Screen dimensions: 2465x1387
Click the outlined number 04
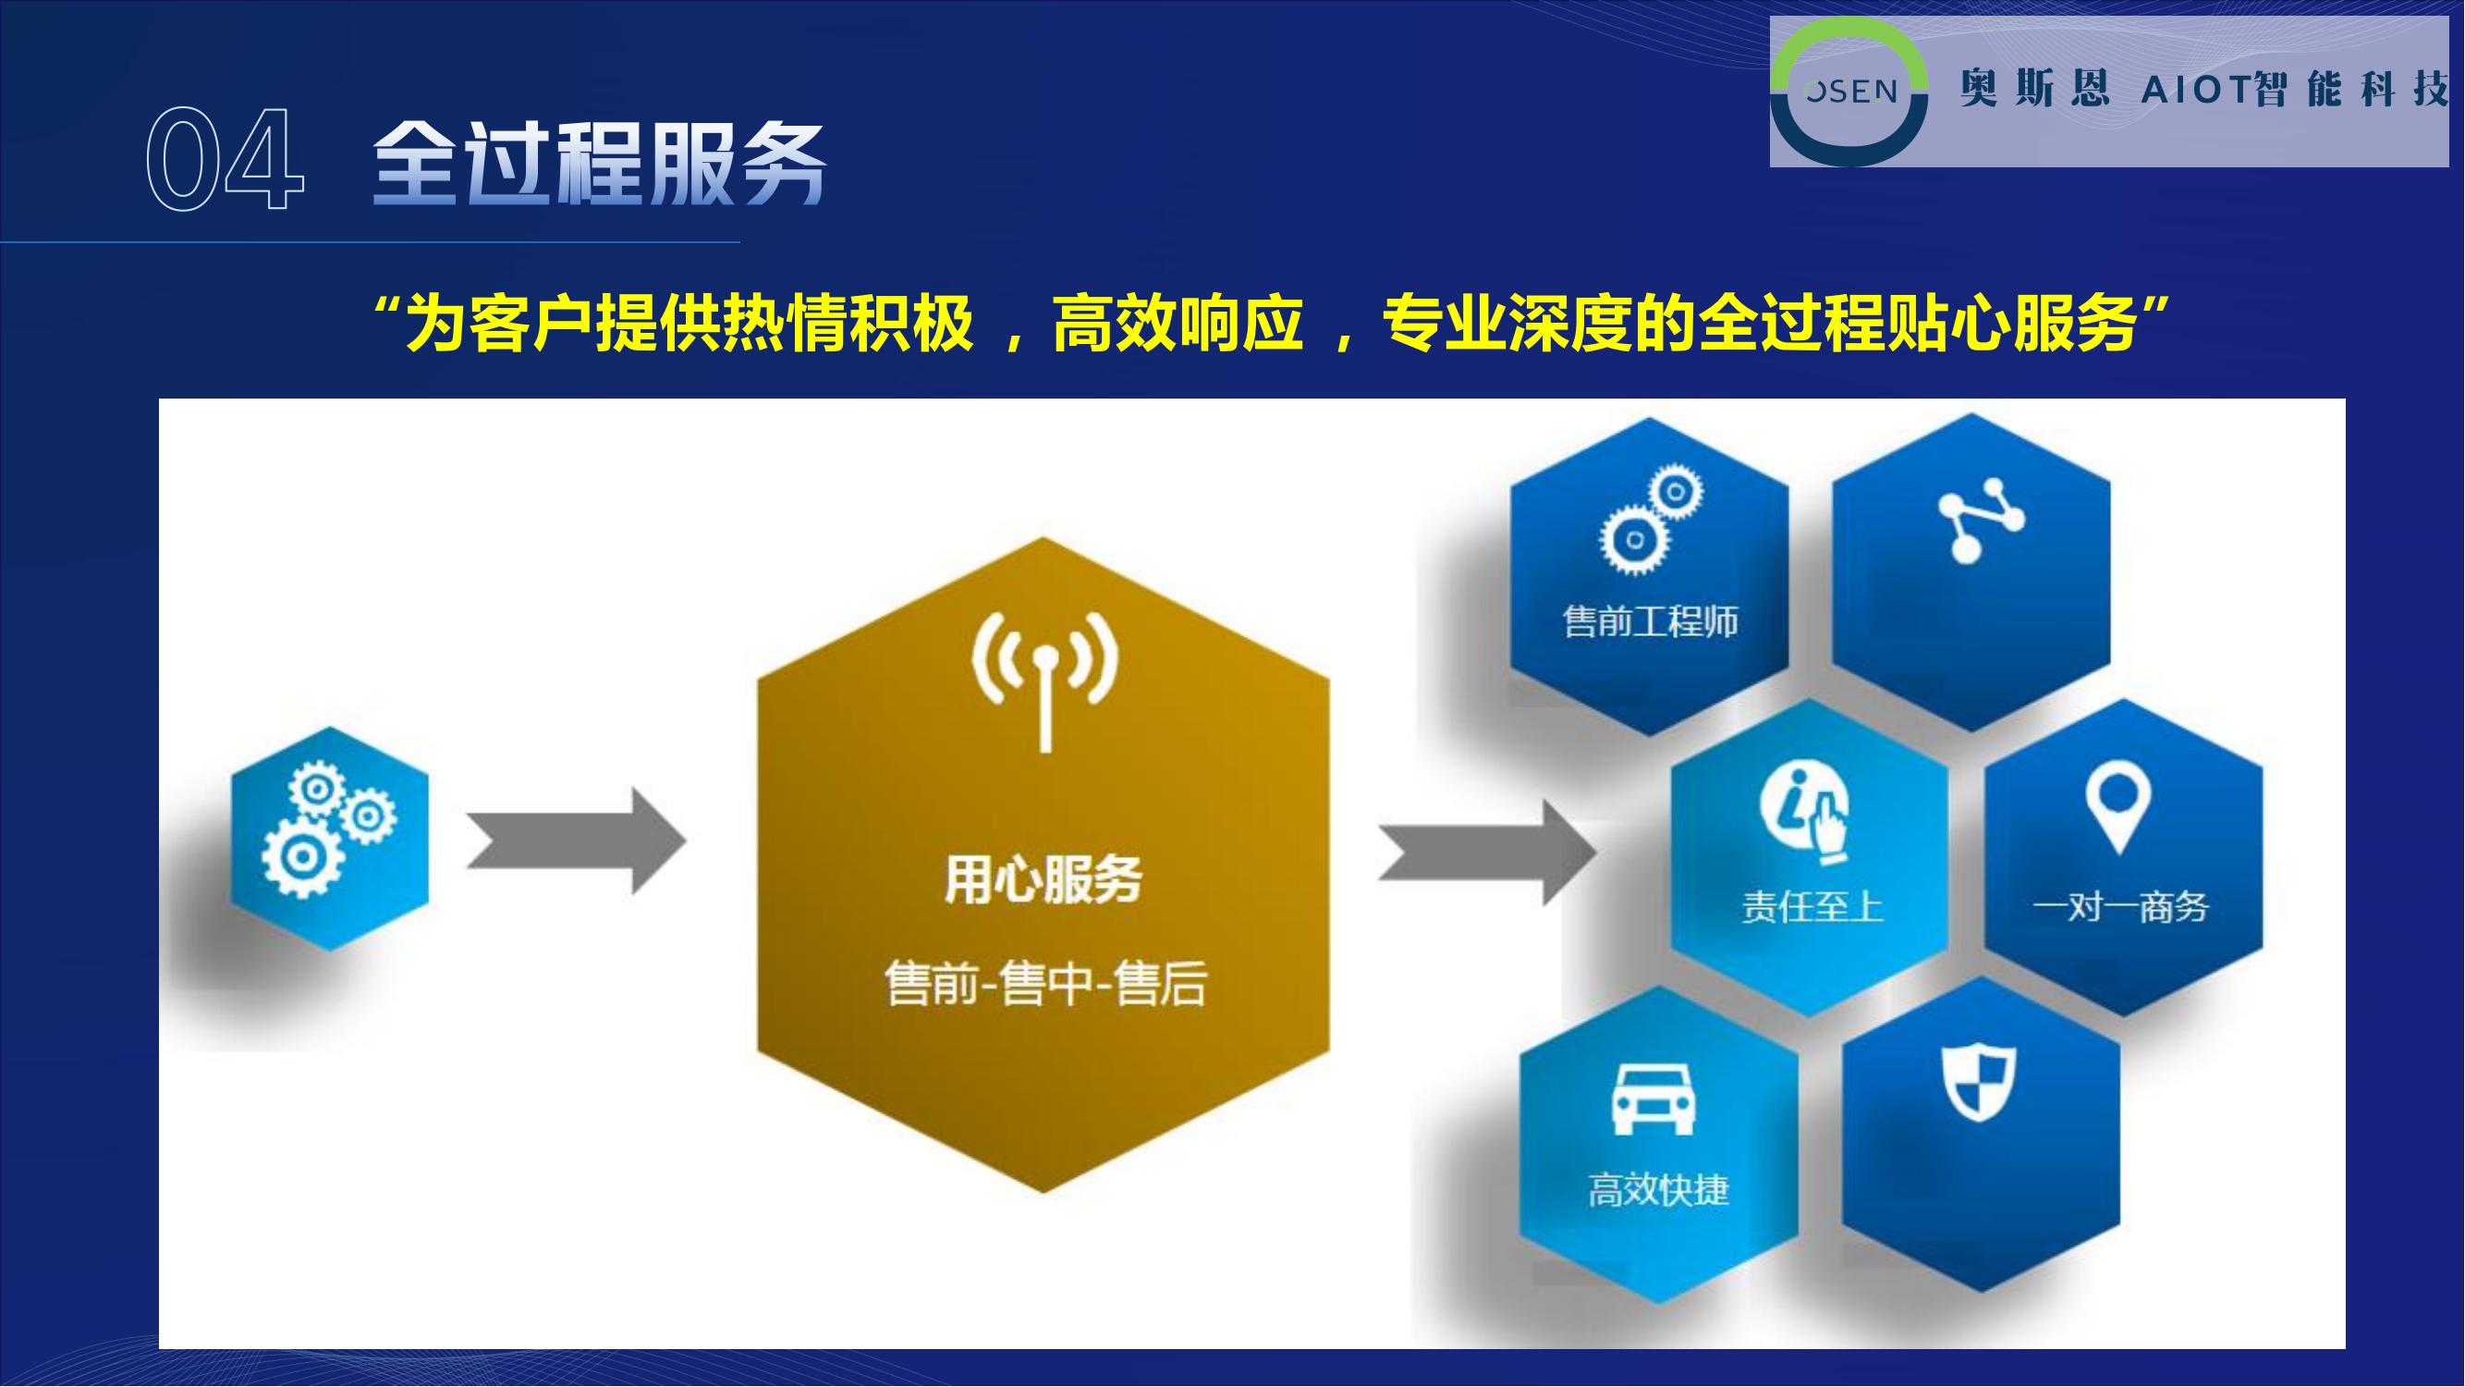tap(226, 159)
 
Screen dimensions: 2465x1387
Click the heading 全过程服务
tap(599, 163)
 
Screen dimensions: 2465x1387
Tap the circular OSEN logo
tap(1849, 91)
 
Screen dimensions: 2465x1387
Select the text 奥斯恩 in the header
tap(2034, 90)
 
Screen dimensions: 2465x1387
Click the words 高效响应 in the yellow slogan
tap(1178, 324)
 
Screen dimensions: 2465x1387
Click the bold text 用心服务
tap(1043, 879)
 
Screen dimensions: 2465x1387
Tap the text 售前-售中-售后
tap(1045, 983)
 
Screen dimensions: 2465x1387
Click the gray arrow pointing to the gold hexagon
tap(576, 841)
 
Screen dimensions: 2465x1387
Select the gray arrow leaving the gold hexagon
tap(1487, 853)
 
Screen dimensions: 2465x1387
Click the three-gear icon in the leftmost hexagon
tap(328, 829)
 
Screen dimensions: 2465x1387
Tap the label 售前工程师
tap(1650, 622)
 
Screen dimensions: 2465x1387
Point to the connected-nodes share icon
tap(1979, 520)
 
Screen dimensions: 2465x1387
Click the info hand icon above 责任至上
tap(1805, 810)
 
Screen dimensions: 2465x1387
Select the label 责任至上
tap(1812, 906)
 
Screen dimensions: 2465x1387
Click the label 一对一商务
tap(2120, 906)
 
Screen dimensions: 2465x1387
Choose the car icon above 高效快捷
tap(1654, 1099)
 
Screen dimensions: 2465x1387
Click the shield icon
tap(1979, 1082)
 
